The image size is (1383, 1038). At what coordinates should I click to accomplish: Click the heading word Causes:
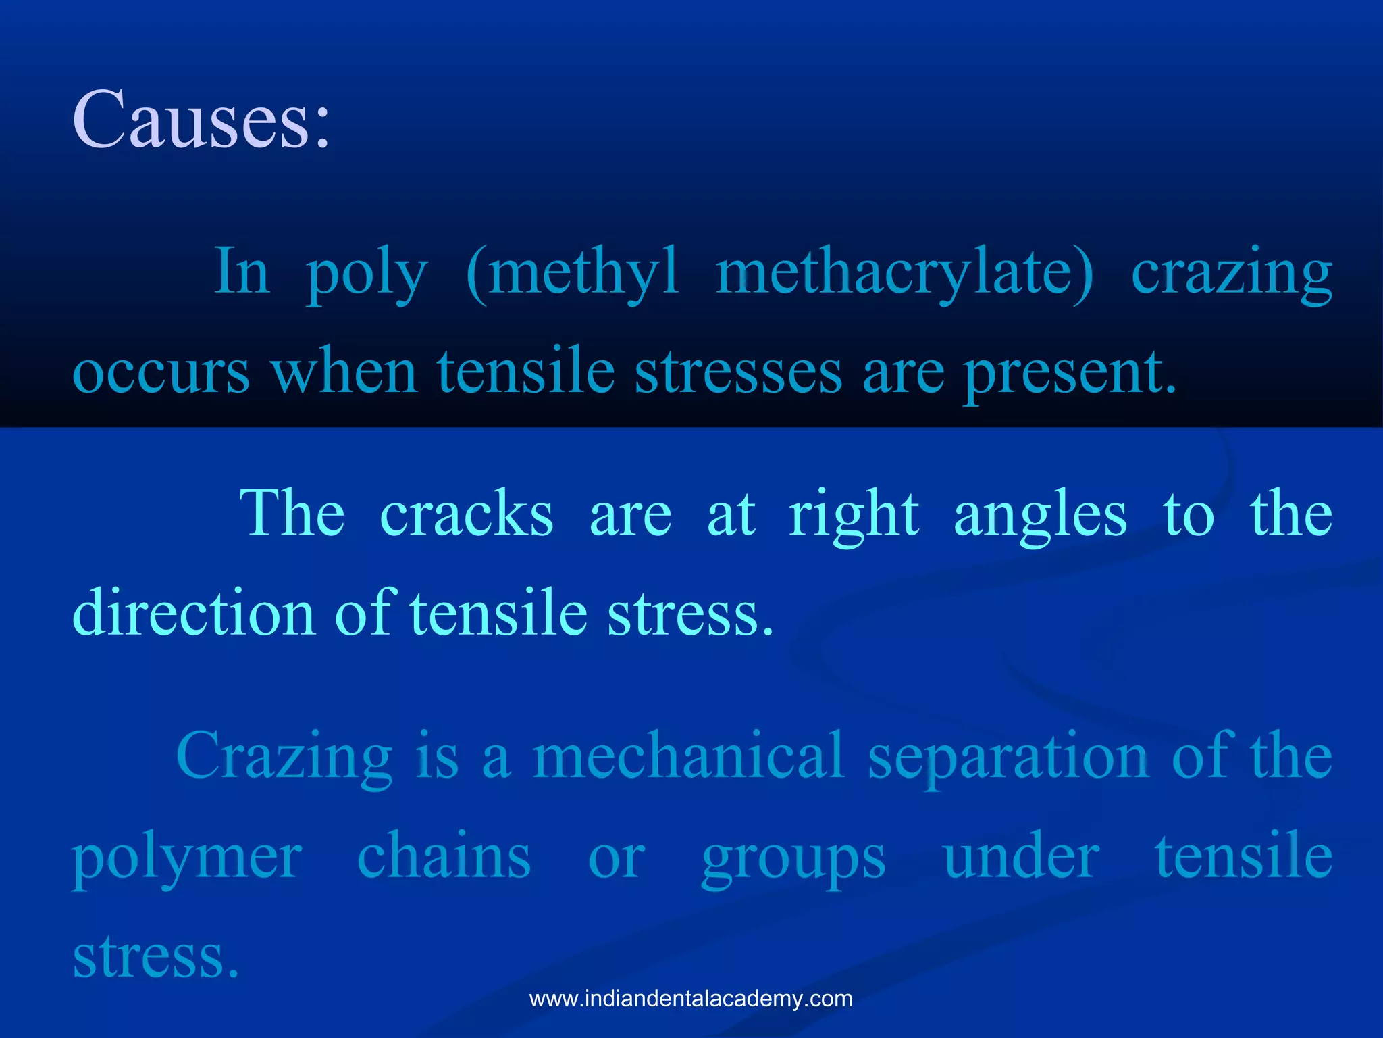tap(201, 121)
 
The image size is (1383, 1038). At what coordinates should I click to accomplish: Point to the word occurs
tap(161, 373)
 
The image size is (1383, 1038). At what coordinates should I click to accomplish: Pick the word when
tap(344, 373)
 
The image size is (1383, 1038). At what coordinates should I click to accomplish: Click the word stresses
tap(738, 373)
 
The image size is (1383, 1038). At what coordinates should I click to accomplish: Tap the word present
tap(1070, 373)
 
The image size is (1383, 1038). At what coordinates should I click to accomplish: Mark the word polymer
tap(187, 858)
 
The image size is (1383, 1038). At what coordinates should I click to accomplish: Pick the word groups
tap(793, 858)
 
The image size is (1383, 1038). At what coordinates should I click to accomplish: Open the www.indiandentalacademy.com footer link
tap(691, 999)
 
